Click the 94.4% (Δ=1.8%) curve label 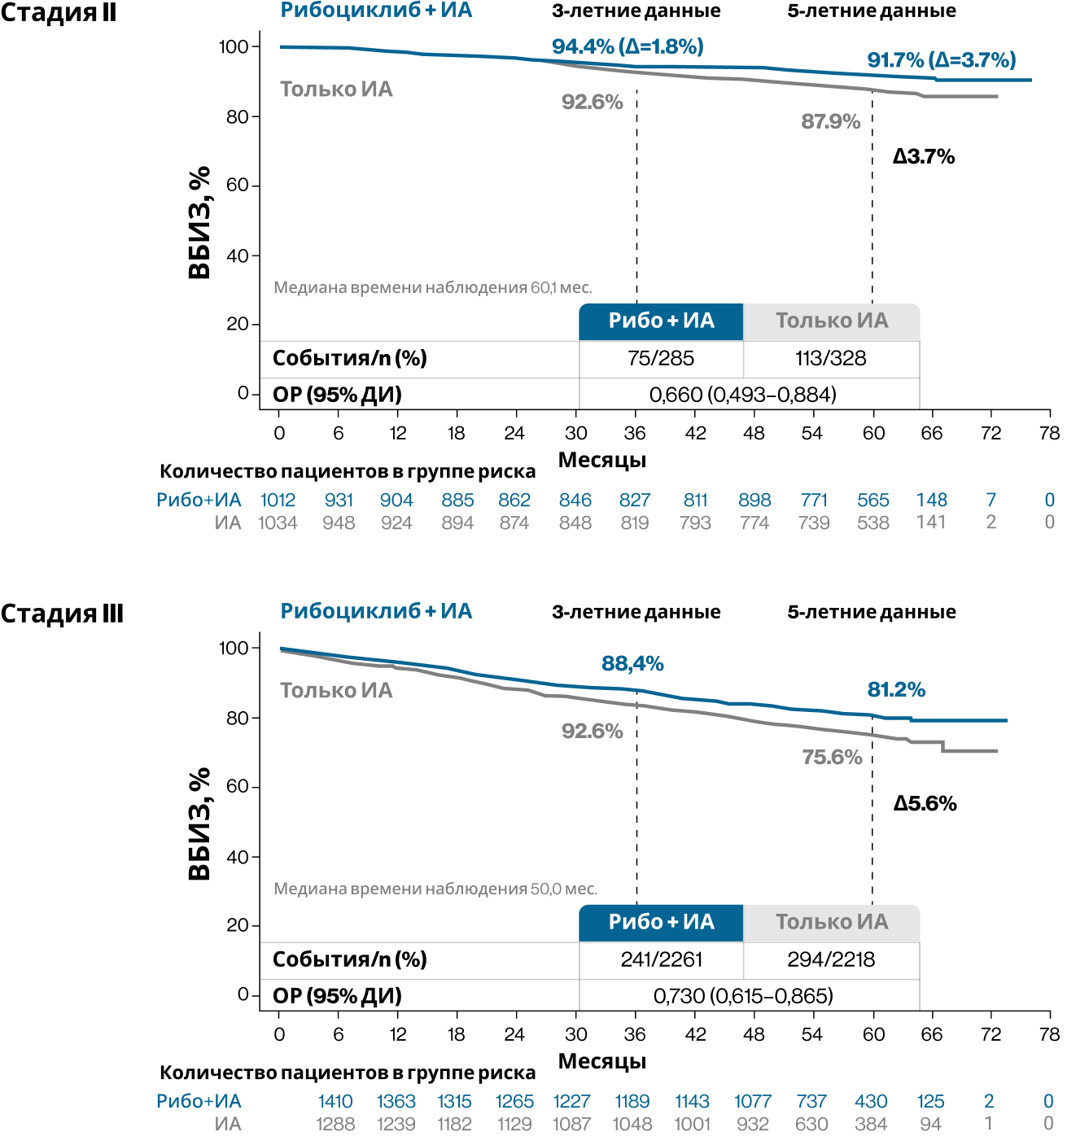click(627, 46)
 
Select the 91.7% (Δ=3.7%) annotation click(941, 60)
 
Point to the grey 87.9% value click(830, 122)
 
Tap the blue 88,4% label click(632, 664)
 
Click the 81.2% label click(896, 690)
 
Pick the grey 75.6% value click(832, 758)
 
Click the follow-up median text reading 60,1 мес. click(432, 287)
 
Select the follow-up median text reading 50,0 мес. click(435, 889)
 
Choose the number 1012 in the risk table click(278, 500)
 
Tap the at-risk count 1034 click(278, 523)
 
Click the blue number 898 click(754, 500)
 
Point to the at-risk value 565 click(873, 500)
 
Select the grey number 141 click(931, 522)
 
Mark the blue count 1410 click(335, 1102)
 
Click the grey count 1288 click(335, 1125)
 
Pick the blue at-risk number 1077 click(752, 1102)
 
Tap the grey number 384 click(871, 1125)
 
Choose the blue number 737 click(811, 1102)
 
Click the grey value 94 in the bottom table click(930, 1125)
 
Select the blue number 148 click(931, 500)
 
